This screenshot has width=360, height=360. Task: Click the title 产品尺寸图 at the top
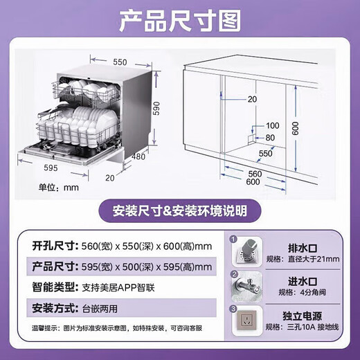coord(179,24)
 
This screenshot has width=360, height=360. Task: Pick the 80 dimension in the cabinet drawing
coord(271,137)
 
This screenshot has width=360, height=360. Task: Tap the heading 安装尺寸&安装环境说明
coord(179,209)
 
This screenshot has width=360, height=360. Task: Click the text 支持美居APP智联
coord(120,286)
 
